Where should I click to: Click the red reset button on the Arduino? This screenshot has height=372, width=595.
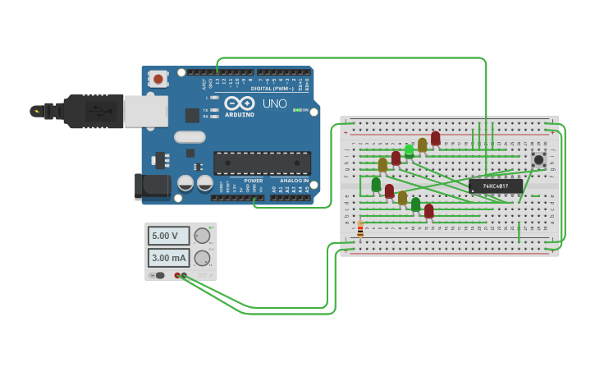pyautogui.click(x=158, y=79)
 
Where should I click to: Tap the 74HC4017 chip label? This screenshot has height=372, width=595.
pyautogui.click(x=495, y=186)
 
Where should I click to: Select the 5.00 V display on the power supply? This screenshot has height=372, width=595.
pyautogui.click(x=168, y=236)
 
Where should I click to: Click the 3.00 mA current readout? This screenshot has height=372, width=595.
pyautogui.click(x=168, y=258)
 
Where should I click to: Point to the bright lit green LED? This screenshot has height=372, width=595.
pyautogui.click(x=409, y=150)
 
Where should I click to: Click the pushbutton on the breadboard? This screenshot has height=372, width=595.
pyautogui.click(x=538, y=159)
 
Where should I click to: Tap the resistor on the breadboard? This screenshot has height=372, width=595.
pyautogui.click(x=360, y=229)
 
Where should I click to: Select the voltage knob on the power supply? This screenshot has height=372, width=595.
pyautogui.click(x=202, y=236)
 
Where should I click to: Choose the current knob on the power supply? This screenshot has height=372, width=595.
pyautogui.click(x=202, y=258)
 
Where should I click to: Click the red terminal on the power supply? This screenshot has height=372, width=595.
pyautogui.click(x=176, y=276)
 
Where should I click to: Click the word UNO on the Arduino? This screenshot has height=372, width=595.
pyautogui.click(x=274, y=103)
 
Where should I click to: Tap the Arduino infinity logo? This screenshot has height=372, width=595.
pyautogui.click(x=240, y=103)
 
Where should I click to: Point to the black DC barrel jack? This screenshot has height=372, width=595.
pyautogui.click(x=153, y=186)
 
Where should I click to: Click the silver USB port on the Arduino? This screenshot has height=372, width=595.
pyautogui.click(x=145, y=111)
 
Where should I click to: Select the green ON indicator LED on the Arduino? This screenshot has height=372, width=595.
pyautogui.click(x=296, y=110)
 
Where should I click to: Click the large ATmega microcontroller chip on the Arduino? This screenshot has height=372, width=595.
pyautogui.click(x=262, y=163)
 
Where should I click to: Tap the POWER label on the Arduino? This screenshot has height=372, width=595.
pyautogui.click(x=253, y=181)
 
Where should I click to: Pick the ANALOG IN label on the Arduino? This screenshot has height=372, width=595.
pyautogui.click(x=294, y=181)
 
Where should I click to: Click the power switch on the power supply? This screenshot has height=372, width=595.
pyautogui.click(x=159, y=276)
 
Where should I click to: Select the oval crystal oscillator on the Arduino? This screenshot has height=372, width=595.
pyautogui.click(x=189, y=136)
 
